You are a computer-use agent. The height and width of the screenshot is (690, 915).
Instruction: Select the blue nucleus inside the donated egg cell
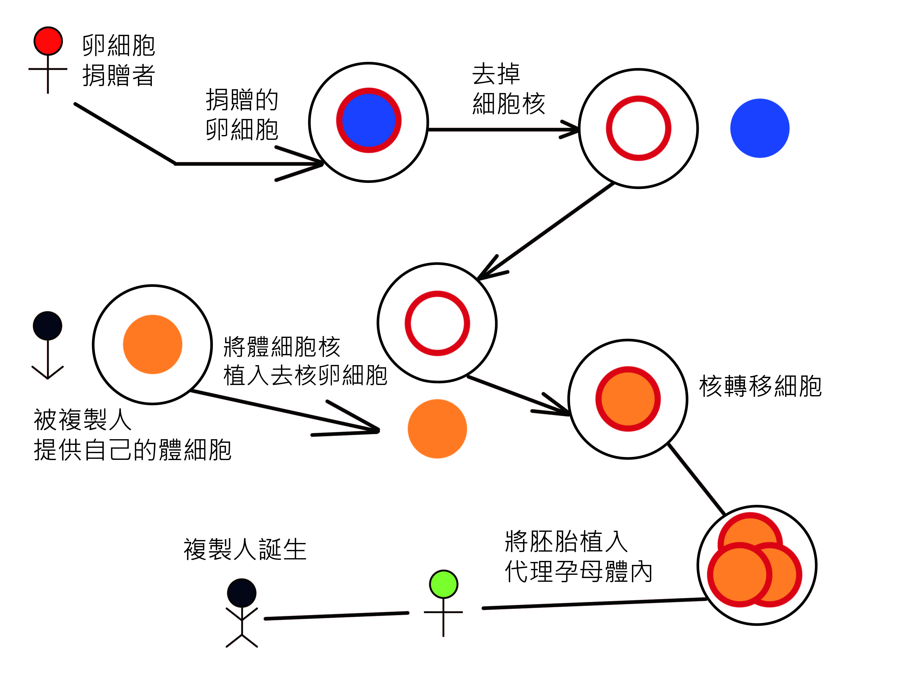[x=368, y=120]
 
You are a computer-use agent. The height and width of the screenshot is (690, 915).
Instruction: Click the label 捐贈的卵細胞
[x=242, y=115]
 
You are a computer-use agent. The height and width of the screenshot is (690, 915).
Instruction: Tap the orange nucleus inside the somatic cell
[x=153, y=345]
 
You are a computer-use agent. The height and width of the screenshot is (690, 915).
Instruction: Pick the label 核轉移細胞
[x=760, y=386]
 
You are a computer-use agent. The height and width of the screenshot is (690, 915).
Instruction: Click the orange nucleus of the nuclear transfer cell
[x=628, y=399]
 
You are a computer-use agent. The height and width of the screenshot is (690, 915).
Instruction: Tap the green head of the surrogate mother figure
[x=443, y=584]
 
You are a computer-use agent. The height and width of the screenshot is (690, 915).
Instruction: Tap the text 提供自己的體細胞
[x=132, y=450]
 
